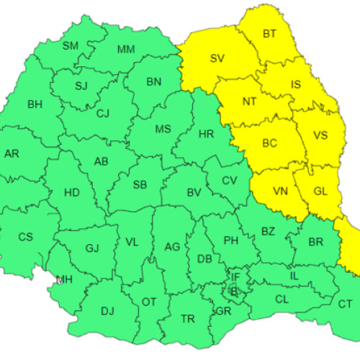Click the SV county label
[x=217, y=58]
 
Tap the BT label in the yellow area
[x=269, y=34]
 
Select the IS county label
[x=296, y=85]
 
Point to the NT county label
[x=249, y=102]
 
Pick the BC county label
[x=269, y=143]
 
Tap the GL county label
[x=320, y=191]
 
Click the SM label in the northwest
[x=71, y=46]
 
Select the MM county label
[x=126, y=50]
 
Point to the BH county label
[x=35, y=104]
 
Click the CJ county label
[x=103, y=113]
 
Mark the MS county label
[x=163, y=129]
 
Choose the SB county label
[x=140, y=185]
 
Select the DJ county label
[x=107, y=311]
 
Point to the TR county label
[x=187, y=318]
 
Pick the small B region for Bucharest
[x=233, y=292]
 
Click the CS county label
[x=25, y=236]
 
